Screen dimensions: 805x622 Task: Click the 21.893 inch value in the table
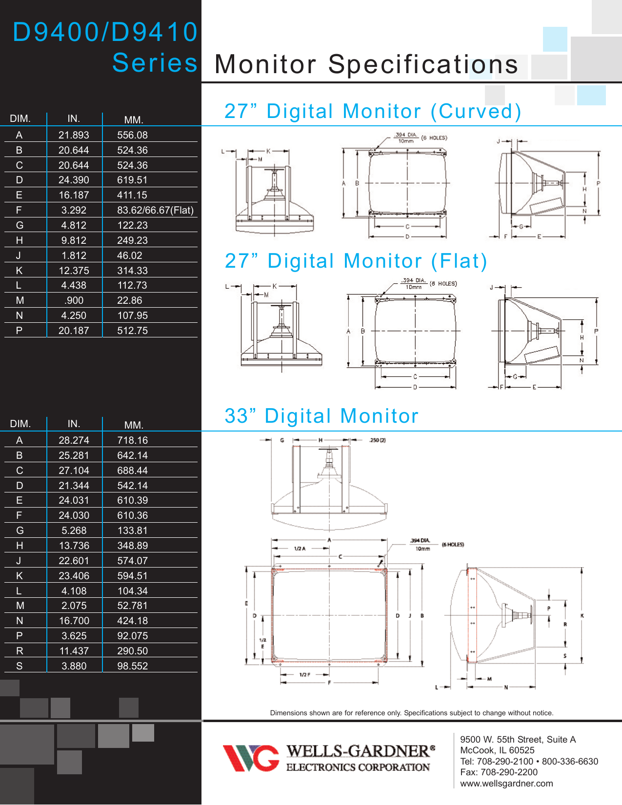click(74, 135)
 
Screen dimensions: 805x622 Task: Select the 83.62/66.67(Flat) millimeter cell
click(155, 210)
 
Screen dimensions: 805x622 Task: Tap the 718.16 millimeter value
click(132, 440)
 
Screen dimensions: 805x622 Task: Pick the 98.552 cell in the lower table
click(132, 666)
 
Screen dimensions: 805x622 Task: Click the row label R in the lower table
click(20, 651)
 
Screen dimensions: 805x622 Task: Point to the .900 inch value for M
click(74, 300)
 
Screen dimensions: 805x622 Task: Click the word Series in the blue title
click(155, 63)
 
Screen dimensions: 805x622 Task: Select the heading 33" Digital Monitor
click(321, 416)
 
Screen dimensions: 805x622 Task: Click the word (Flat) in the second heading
click(459, 261)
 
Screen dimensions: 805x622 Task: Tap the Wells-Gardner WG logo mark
click(251, 758)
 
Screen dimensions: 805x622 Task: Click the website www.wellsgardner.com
click(506, 783)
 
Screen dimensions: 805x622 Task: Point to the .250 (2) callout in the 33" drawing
click(377, 440)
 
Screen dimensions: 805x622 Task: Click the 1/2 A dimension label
click(300, 549)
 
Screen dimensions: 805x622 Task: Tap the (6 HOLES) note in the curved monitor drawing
click(434, 138)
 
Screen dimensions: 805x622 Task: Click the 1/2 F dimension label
click(305, 674)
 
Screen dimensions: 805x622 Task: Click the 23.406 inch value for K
click(74, 576)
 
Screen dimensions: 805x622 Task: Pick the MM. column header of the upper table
click(133, 120)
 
